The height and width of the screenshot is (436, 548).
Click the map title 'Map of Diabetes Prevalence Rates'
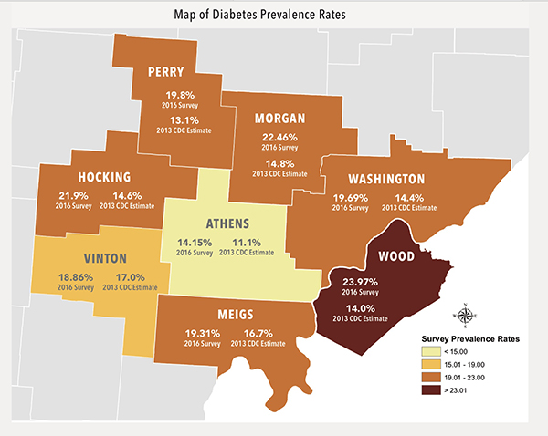pos(273,15)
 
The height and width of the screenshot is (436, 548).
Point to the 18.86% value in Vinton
pos(76,277)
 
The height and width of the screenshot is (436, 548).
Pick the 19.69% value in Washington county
pos(350,197)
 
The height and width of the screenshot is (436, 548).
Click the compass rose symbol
pos(467,315)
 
